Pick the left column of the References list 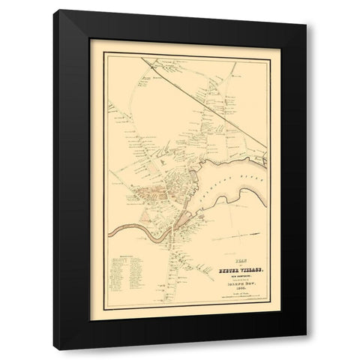120,271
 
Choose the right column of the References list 138,271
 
